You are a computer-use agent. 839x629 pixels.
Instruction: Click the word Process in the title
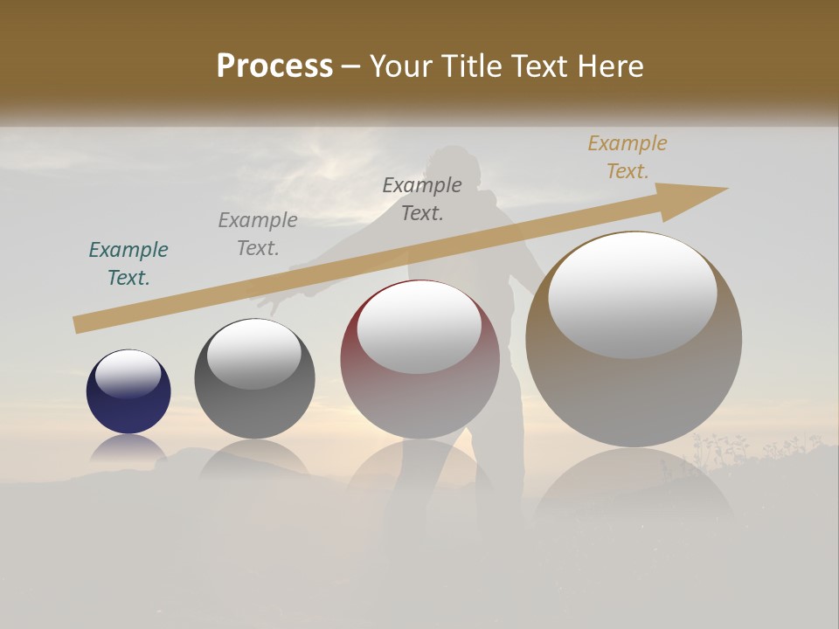274,66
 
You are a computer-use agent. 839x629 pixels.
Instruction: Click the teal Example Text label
128,264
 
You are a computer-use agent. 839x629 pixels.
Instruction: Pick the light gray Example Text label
258,234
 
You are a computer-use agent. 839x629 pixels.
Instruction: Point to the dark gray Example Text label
422,199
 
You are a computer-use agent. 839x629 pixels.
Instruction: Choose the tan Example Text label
628,157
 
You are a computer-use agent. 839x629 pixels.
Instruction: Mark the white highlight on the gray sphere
253,354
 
